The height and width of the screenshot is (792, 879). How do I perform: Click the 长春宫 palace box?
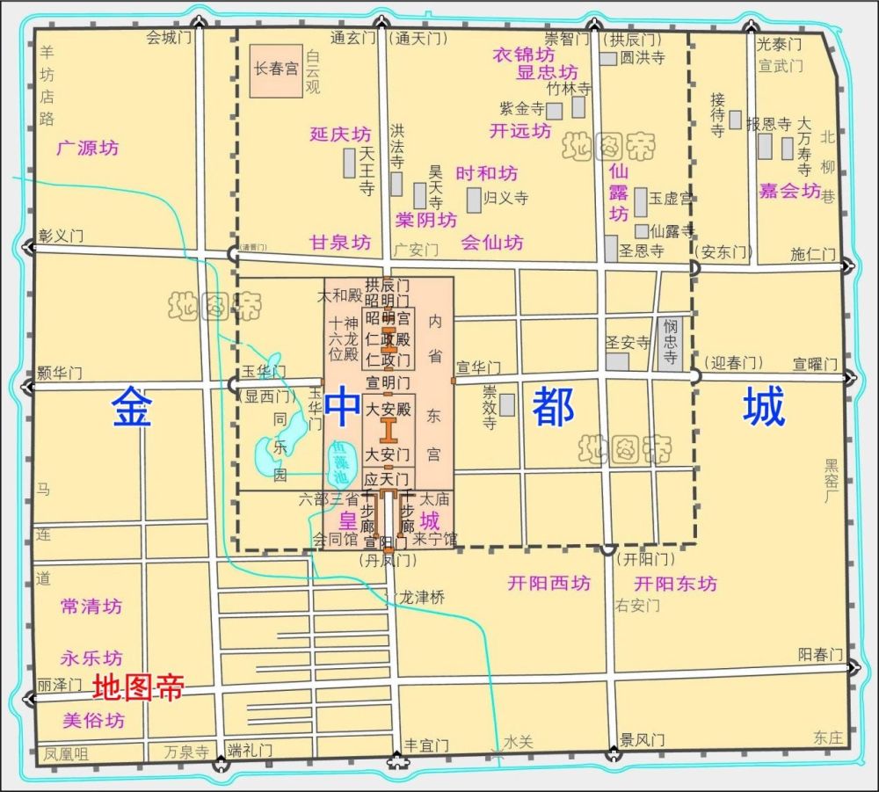pyautogui.click(x=275, y=69)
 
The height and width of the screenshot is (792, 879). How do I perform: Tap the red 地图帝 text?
pyautogui.click(x=138, y=687)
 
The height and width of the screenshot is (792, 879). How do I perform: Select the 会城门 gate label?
pyautogui.click(x=169, y=38)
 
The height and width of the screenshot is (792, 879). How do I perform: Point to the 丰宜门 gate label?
pyautogui.click(x=425, y=745)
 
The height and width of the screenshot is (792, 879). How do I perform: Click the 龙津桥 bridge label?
pyautogui.click(x=421, y=597)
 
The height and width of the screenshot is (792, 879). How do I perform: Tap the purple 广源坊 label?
pyautogui.click(x=87, y=148)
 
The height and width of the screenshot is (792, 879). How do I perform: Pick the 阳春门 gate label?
pyautogui.click(x=819, y=654)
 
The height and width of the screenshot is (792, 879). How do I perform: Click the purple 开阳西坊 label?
pyautogui.click(x=549, y=583)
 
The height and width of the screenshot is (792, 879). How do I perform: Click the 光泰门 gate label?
pyautogui.click(x=780, y=43)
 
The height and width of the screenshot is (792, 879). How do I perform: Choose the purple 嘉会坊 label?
pyautogui.click(x=789, y=191)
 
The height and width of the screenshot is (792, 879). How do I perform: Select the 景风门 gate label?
pyautogui.click(x=642, y=740)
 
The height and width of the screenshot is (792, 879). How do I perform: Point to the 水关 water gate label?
pyautogui.click(x=519, y=741)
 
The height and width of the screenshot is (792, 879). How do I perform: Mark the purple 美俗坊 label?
pyautogui.click(x=94, y=721)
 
